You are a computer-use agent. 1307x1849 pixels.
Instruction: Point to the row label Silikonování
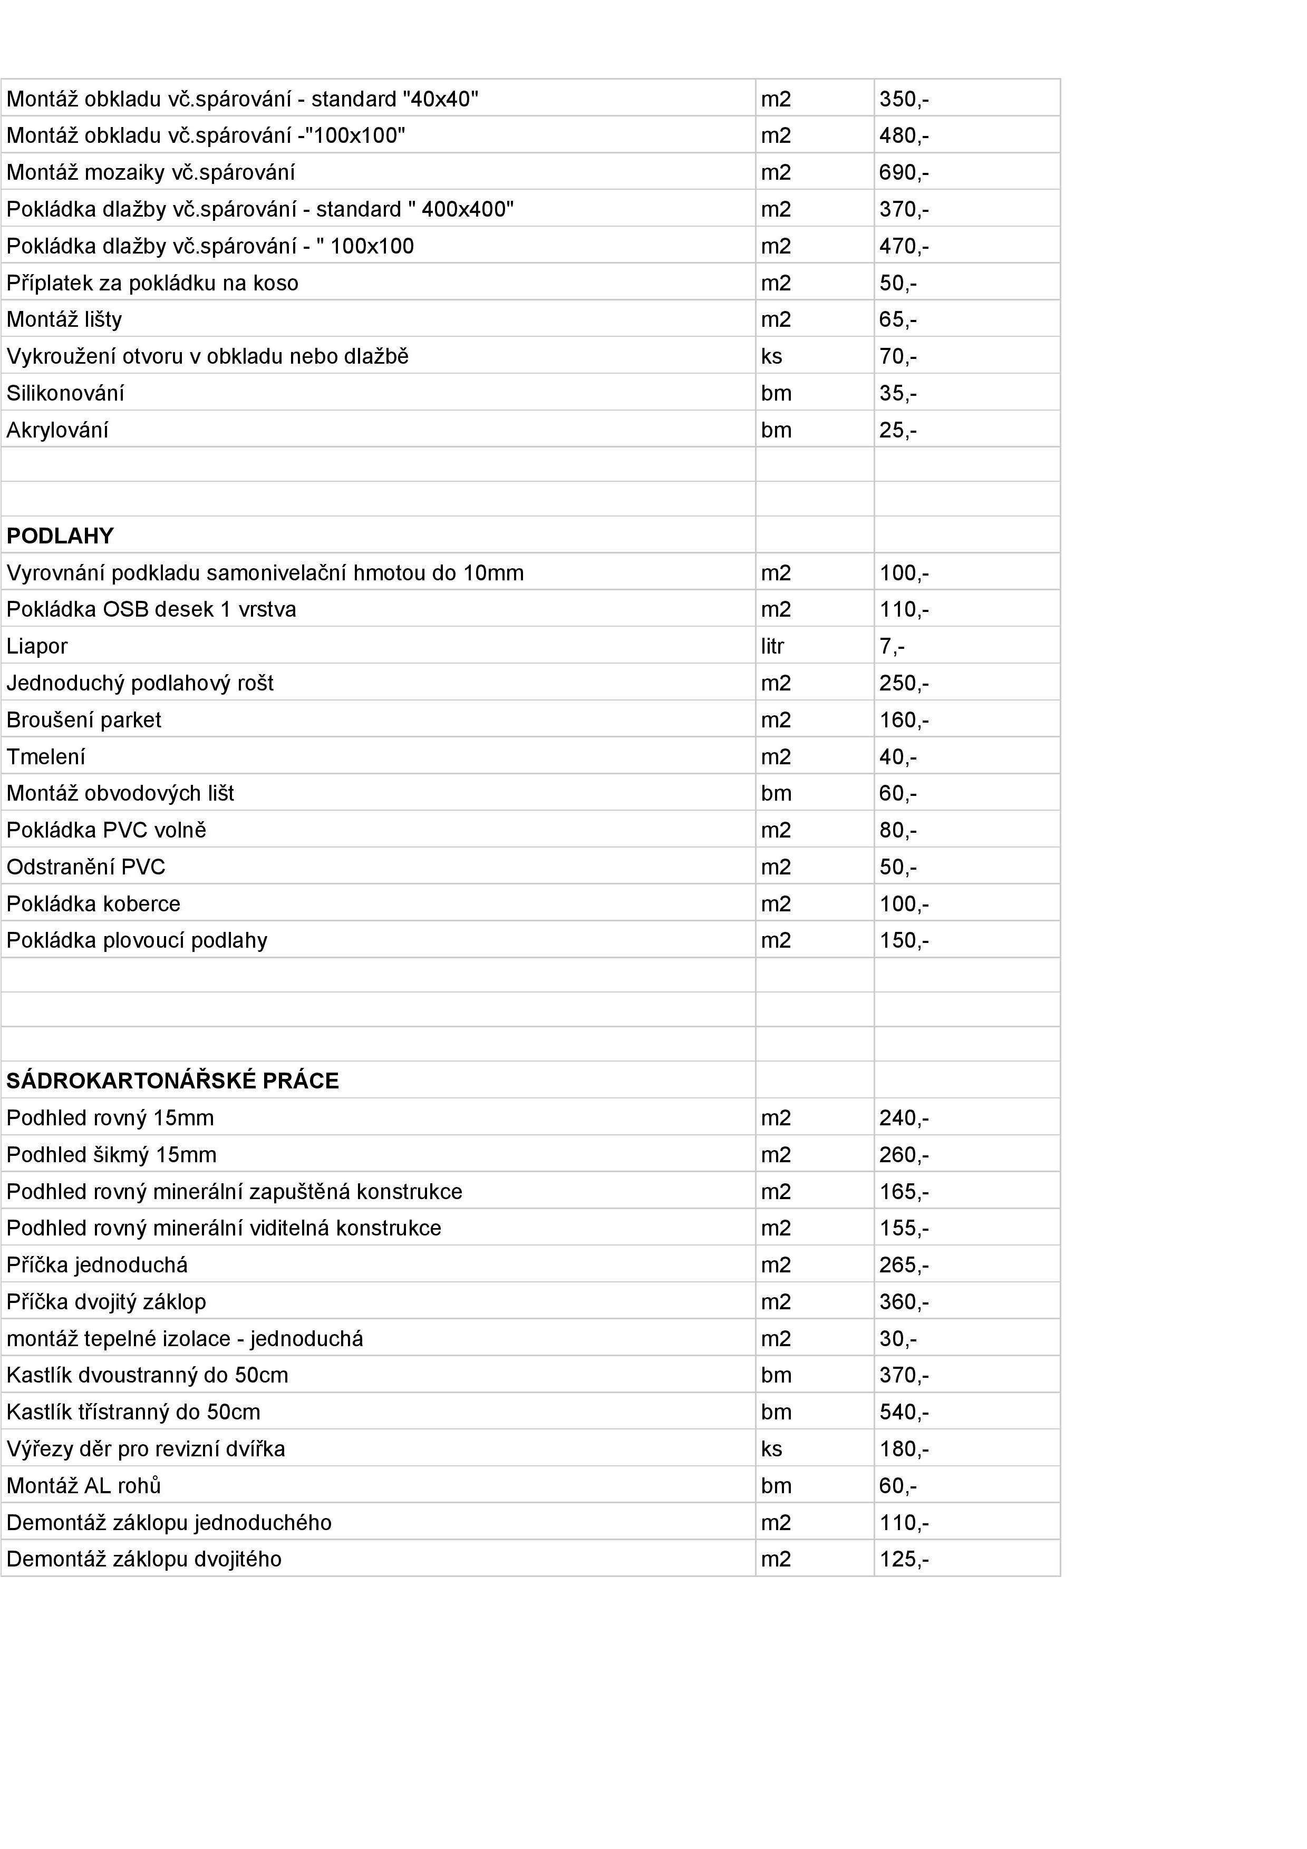[x=65, y=393]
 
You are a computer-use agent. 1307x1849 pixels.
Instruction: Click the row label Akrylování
[x=57, y=430]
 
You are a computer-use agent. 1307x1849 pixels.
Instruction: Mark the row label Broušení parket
[x=84, y=720]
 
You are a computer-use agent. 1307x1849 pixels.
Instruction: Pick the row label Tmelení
[x=46, y=757]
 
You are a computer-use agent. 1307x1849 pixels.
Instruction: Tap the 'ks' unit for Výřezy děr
[x=771, y=1449]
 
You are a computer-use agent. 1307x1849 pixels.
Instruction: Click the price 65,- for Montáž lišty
[x=897, y=320]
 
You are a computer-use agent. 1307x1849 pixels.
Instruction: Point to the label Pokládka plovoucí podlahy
[x=137, y=941]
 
